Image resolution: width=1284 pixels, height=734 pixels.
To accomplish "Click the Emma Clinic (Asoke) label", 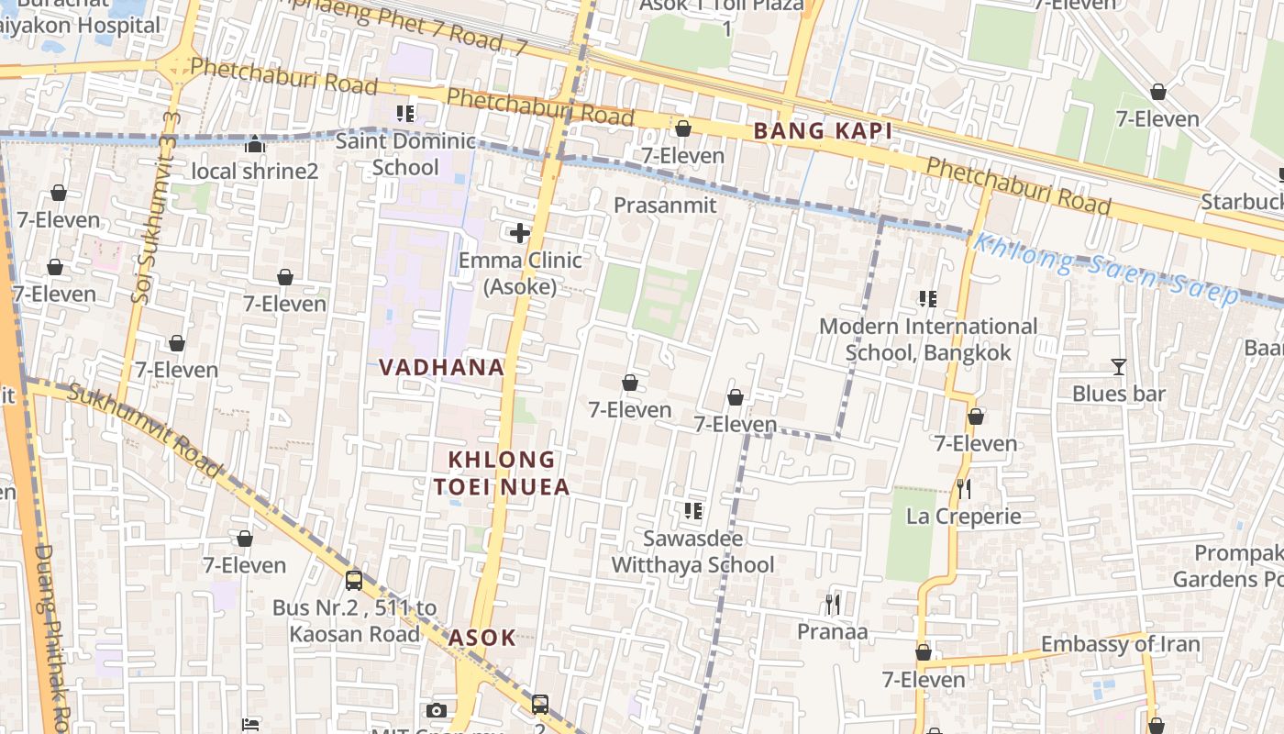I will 520,273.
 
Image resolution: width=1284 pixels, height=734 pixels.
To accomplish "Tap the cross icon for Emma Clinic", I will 520,233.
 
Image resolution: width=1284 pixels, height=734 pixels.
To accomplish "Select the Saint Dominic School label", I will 405,154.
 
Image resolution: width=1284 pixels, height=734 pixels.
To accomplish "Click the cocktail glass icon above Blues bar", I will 1118,367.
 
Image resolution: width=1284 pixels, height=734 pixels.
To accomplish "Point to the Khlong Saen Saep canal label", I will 1105,268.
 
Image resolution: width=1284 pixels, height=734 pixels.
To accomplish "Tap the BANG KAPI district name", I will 823,131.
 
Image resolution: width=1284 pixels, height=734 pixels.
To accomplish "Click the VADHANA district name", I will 441,368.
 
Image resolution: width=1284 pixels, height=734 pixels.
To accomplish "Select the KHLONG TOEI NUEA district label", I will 508,473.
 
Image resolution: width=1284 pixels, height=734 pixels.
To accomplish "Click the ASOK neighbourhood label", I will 481,638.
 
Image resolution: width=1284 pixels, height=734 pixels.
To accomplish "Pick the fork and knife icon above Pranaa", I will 832,604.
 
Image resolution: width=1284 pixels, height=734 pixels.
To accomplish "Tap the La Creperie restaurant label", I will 963,516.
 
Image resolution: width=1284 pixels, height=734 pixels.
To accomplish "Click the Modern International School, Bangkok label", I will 928,339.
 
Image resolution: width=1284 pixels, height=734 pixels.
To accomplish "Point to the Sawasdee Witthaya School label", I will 692,551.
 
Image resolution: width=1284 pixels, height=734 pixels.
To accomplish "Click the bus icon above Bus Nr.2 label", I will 353,581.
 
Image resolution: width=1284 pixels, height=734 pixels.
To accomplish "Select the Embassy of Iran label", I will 1120,644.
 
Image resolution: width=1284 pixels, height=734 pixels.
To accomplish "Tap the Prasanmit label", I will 665,205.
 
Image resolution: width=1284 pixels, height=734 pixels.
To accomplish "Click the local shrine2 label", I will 254,172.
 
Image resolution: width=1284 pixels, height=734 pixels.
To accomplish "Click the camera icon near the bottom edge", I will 437,710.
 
